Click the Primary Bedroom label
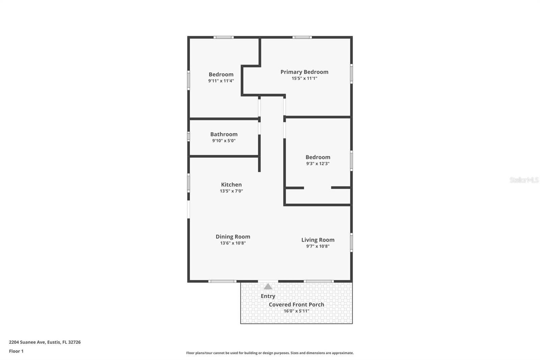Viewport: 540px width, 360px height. click(304, 72)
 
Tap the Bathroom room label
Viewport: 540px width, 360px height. click(224, 134)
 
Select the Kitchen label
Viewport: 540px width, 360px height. click(231, 185)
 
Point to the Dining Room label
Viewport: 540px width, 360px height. click(233, 237)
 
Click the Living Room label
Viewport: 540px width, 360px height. click(318, 240)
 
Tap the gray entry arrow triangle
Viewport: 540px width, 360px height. click(268, 287)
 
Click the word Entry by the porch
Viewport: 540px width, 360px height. click(268, 296)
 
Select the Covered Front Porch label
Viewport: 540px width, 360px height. click(296, 305)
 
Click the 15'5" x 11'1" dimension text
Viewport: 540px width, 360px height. click(304, 78)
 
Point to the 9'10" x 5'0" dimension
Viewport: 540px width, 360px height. click(224, 141)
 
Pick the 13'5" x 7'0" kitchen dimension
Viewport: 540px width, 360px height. click(231, 191)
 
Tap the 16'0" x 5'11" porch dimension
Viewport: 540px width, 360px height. click(296, 311)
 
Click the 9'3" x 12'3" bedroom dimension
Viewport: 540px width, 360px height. click(318, 164)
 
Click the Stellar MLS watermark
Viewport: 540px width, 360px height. click(524, 180)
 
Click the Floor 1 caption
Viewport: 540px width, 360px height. click(16, 351)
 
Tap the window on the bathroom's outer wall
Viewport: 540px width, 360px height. click(189, 136)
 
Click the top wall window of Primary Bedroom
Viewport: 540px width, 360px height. click(302, 37)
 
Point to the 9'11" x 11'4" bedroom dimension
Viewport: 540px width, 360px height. click(221, 81)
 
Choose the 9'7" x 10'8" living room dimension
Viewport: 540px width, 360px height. click(318, 246)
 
